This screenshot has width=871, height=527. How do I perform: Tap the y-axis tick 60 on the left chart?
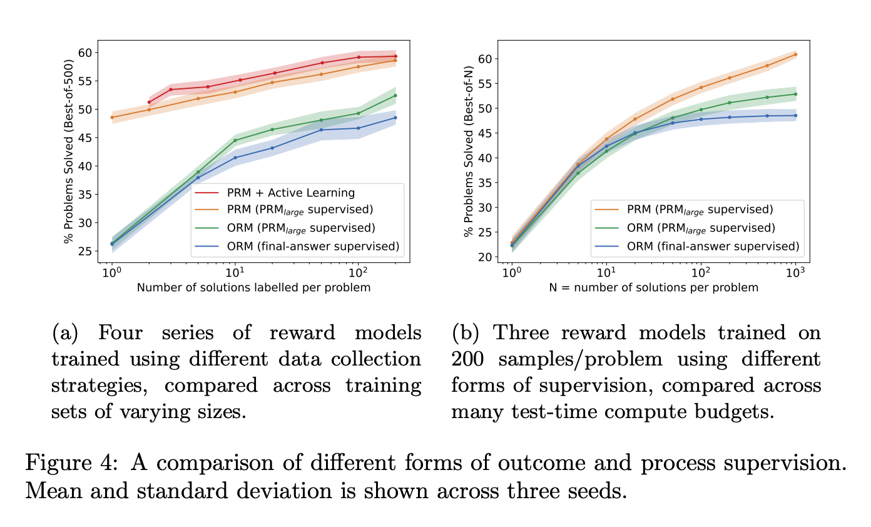click(88, 53)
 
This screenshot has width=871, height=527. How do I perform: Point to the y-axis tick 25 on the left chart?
click(88, 251)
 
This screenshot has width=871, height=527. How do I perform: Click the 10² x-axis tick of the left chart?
click(358, 274)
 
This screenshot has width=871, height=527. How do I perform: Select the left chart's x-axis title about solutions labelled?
click(253, 288)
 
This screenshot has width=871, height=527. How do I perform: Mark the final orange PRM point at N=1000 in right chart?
click(795, 54)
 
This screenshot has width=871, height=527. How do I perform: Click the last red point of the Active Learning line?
click(395, 56)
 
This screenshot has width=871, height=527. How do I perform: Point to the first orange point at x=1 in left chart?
click(112, 117)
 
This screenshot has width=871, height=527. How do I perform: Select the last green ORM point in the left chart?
click(395, 95)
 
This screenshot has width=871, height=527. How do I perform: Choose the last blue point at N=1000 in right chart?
click(795, 115)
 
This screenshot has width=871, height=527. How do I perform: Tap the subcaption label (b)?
click(466, 333)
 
